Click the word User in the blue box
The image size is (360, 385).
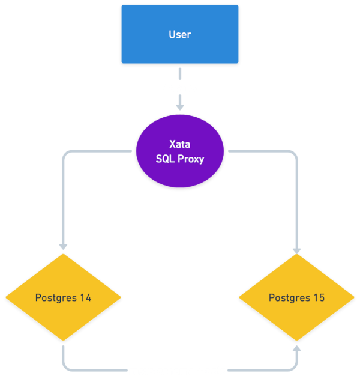tap(180, 34)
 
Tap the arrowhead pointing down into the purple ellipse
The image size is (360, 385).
tap(180, 106)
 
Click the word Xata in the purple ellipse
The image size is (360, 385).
tap(180, 145)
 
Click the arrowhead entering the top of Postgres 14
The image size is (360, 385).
tap(63, 246)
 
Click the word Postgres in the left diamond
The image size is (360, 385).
tap(56, 298)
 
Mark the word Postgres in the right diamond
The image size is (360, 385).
tap(289, 298)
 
